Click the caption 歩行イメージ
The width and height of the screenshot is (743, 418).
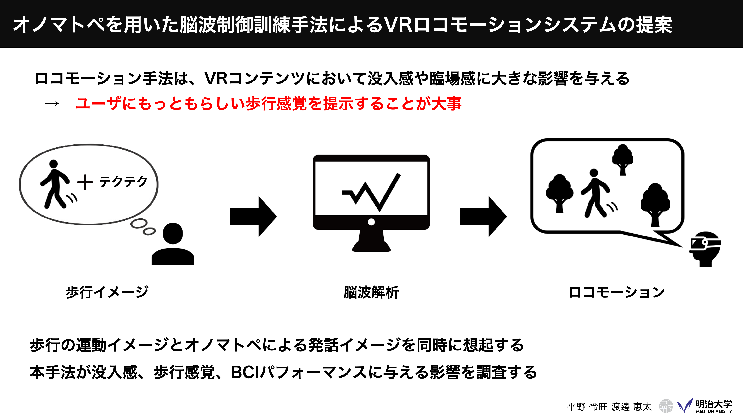tap(107, 292)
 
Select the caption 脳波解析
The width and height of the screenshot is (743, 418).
tap(371, 292)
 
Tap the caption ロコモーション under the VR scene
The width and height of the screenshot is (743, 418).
tap(617, 292)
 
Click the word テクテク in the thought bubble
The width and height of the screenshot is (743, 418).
tap(123, 182)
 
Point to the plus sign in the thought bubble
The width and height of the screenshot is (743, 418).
tap(85, 182)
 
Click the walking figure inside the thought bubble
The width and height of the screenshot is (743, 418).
tap(58, 185)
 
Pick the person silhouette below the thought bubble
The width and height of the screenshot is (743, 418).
tap(173, 244)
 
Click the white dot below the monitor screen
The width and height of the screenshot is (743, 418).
tap(371, 222)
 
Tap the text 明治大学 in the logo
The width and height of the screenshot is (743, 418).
tap(714, 404)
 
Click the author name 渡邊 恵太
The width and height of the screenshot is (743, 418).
tap(631, 407)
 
